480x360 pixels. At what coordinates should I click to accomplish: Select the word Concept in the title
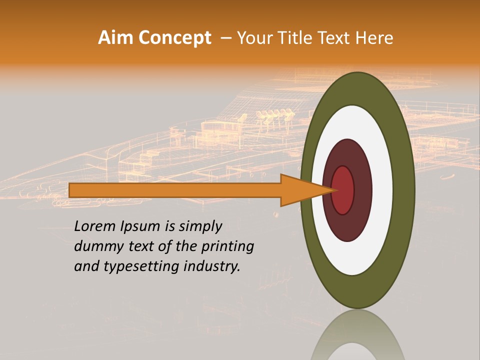175,38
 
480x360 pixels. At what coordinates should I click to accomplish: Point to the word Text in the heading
334,38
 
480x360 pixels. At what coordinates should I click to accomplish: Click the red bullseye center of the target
343,190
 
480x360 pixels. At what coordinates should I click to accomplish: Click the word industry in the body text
212,267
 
